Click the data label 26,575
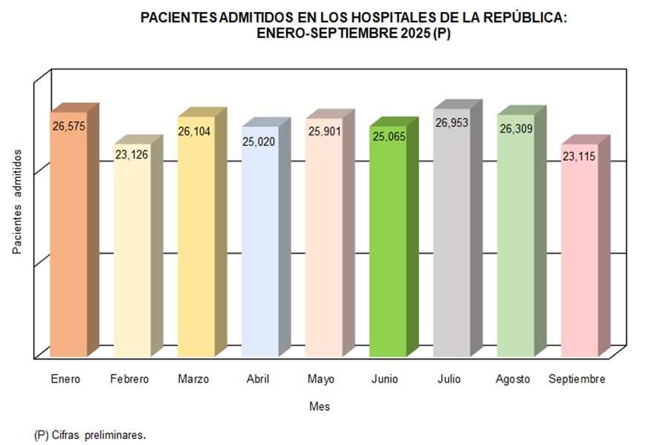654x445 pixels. click(69, 127)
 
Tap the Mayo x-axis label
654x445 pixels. click(321, 380)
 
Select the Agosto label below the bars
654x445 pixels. click(513, 380)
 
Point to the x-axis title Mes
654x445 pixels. click(320, 407)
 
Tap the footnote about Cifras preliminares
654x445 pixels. click(90, 435)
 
